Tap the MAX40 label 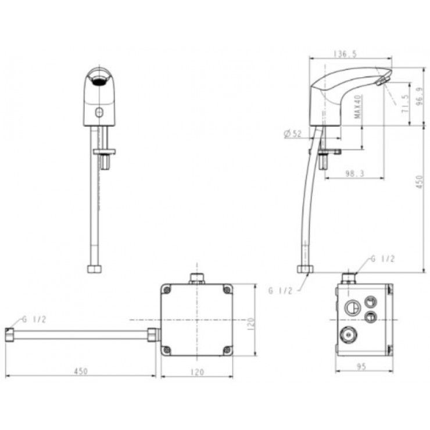click(359, 107)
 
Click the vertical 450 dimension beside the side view click(420, 185)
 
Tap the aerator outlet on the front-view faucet click(99, 79)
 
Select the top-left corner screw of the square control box click(167, 289)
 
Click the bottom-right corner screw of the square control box click(227, 350)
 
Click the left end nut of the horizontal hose click(10, 335)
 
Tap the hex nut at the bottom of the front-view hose click(94, 269)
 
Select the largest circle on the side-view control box click(352, 307)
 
